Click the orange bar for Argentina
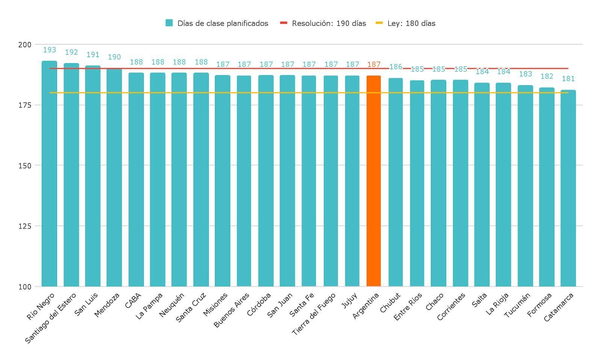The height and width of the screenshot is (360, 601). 373,180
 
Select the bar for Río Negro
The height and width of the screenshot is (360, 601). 49,173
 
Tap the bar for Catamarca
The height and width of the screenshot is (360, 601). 568,188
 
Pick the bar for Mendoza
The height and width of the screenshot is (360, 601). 114,177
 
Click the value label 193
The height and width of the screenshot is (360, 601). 49,50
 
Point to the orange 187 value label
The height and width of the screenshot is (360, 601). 374,65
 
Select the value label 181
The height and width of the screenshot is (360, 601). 568,79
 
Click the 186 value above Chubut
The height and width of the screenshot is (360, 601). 396,67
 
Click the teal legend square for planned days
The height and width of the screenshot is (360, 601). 169,23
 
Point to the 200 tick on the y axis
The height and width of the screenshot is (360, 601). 25,45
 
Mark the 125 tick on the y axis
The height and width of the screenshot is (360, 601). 25,226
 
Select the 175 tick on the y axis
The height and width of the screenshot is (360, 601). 25,105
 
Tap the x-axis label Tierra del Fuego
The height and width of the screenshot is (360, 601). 314,314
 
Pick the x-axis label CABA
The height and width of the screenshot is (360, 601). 133,301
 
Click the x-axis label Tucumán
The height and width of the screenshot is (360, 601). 517,306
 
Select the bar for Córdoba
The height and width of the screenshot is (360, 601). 266,180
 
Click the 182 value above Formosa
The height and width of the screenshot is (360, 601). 547,77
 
